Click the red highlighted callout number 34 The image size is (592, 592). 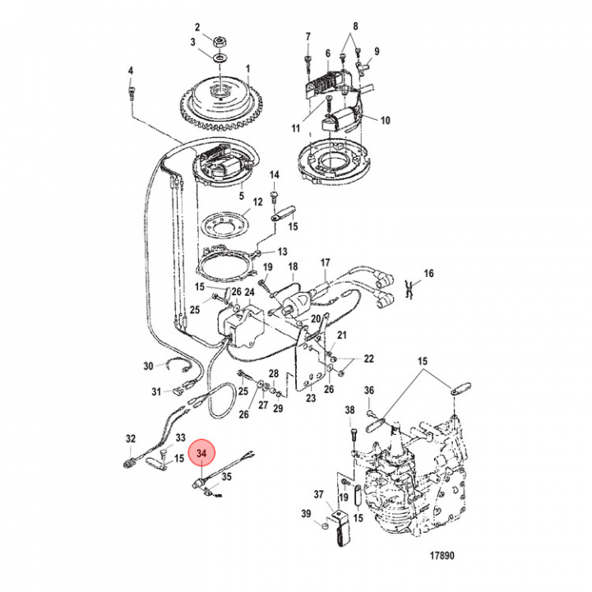[x=202, y=452]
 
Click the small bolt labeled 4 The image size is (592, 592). [x=131, y=95]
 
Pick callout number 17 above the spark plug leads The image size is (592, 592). [x=325, y=263]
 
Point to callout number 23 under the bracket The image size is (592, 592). [x=310, y=397]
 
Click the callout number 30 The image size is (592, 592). [x=149, y=366]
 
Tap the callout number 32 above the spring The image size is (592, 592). [x=131, y=438]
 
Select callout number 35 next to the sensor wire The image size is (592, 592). [x=227, y=476]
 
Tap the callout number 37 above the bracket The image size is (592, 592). [x=317, y=494]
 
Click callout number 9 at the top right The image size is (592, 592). [x=377, y=52]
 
